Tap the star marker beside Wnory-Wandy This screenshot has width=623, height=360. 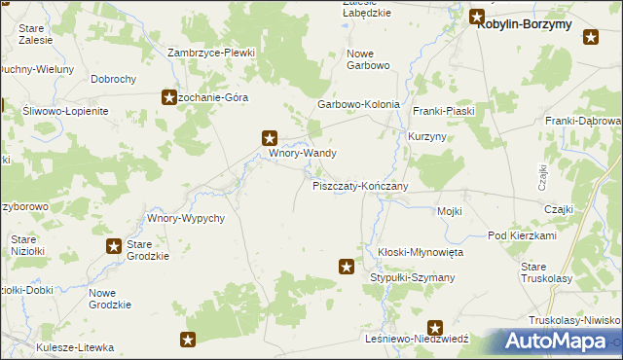pyautogui.click(x=271, y=139)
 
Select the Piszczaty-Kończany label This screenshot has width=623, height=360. pyautogui.click(x=359, y=186)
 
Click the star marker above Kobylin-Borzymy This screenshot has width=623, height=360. pyautogui.click(x=477, y=16)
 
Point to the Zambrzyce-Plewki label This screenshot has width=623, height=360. pyautogui.click(x=210, y=53)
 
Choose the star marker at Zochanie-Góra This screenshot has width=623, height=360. pyautogui.click(x=167, y=97)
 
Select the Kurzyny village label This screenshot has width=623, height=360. pyautogui.click(x=427, y=137)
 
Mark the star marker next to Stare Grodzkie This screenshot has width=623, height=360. pyautogui.click(x=114, y=247)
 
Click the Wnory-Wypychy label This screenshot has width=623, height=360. pyautogui.click(x=186, y=218)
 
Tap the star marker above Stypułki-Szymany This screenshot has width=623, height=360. pyautogui.click(x=346, y=265)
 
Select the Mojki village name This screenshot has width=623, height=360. pyautogui.click(x=449, y=211)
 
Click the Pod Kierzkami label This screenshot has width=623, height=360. pyautogui.click(x=522, y=236)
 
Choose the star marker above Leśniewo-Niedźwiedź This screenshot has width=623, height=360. pyautogui.click(x=435, y=329)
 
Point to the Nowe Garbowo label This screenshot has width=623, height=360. pyautogui.click(x=368, y=59)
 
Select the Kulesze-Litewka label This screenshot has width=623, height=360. pyautogui.click(x=75, y=347)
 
